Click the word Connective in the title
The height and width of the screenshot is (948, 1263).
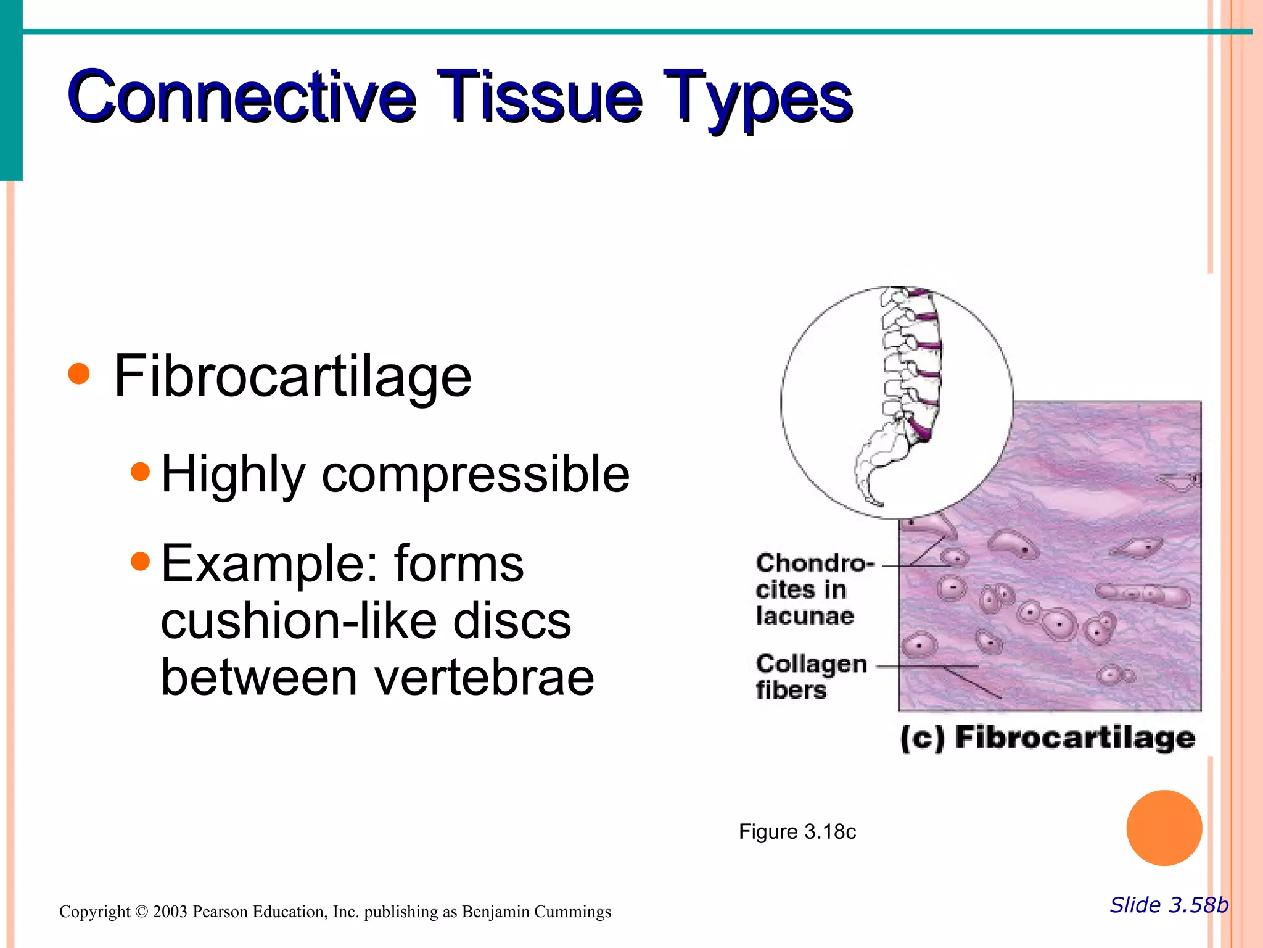tap(241, 97)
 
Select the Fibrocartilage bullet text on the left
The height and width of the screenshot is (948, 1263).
tap(292, 376)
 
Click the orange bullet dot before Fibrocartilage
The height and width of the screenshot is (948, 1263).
tap(79, 373)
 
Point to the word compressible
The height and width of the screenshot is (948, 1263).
tap(475, 474)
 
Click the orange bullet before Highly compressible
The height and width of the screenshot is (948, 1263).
tap(141, 472)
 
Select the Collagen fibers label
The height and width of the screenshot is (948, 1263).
tap(810, 676)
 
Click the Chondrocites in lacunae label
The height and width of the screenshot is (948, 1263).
tap(812, 589)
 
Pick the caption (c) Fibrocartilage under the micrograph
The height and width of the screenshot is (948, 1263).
tap(1047, 738)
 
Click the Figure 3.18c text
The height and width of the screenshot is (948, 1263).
tap(797, 832)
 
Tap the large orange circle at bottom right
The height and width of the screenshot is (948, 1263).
tap(1164, 828)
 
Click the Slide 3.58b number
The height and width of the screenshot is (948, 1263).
tap(1169, 905)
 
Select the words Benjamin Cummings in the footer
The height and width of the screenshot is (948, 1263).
tap(536, 912)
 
